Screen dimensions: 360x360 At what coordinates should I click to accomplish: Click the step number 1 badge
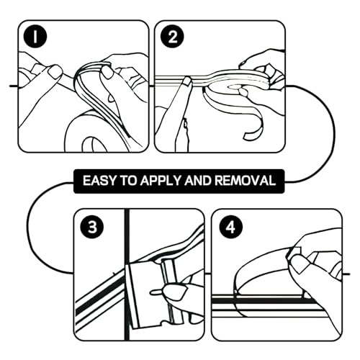click(35, 37)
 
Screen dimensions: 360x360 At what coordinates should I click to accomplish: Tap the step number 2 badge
click(172, 37)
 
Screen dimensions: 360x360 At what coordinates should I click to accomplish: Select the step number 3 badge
click(92, 227)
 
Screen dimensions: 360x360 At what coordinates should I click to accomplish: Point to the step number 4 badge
click(231, 227)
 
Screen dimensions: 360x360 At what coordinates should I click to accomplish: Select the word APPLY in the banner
click(161, 181)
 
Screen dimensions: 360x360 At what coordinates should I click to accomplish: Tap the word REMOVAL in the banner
click(245, 181)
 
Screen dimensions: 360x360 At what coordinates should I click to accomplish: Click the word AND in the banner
click(198, 181)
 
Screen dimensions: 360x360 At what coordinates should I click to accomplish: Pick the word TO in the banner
click(128, 181)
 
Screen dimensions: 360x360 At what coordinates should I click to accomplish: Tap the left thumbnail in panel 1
click(55, 71)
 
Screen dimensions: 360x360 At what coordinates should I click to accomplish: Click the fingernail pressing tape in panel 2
click(187, 81)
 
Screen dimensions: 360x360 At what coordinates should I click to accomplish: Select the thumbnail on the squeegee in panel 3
click(175, 292)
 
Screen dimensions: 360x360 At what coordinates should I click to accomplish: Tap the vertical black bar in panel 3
click(127, 274)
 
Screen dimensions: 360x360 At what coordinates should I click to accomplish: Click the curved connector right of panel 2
click(311, 133)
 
